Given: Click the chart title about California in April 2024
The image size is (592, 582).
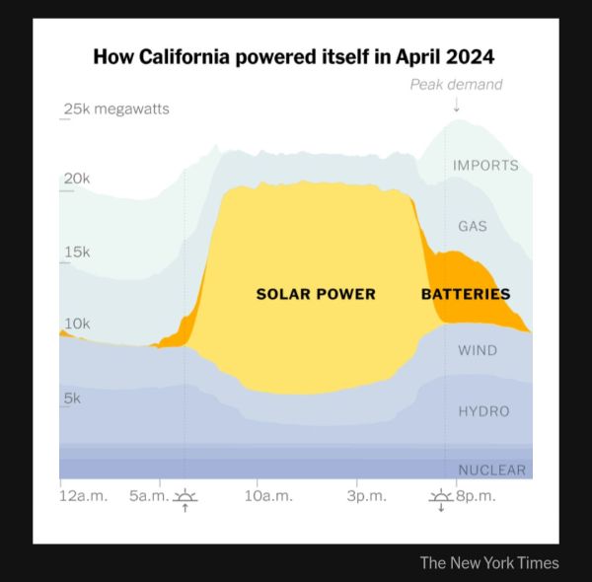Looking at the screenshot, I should [293, 55].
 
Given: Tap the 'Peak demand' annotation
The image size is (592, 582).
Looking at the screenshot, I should [456, 84].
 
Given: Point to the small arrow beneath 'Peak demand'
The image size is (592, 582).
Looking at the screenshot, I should [456, 103].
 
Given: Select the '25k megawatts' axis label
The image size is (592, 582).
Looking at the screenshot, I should [116, 109].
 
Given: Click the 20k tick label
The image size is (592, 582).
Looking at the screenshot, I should [76, 179].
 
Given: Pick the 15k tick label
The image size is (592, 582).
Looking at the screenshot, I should [76, 252].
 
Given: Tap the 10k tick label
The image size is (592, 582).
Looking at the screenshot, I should [76, 324].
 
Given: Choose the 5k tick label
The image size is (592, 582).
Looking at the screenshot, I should [72, 398].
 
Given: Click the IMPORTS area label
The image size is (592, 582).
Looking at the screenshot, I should [485, 165].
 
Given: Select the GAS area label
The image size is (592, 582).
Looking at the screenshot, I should [473, 226].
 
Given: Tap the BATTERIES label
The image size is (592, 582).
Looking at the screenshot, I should [466, 294].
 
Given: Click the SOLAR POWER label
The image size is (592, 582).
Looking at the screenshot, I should [316, 294].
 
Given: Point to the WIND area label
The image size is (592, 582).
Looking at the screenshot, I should [478, 350].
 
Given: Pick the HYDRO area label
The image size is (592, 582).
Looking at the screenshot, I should [483, 410].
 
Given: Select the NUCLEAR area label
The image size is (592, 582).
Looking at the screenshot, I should [491, 470].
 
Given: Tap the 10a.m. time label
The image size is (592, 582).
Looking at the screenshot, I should [268, 495].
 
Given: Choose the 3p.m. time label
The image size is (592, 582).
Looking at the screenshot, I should [366, 495].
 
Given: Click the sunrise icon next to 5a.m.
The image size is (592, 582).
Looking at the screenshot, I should [185, 498].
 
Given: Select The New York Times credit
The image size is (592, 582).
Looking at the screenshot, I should [488, 563].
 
